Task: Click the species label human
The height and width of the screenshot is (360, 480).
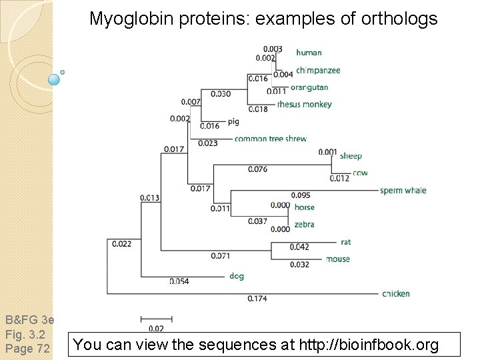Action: coord(309,53)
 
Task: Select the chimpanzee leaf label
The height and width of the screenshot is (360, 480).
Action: coord(318,70)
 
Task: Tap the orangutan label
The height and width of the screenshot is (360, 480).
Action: coord(309,87)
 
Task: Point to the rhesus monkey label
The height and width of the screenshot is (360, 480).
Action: coord(304,104)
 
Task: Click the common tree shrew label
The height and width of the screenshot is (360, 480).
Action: coord(270,139)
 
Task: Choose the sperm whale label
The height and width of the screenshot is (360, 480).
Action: coord(403,191)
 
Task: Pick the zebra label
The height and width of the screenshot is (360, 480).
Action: coord(304,225)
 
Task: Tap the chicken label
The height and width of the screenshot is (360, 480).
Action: coord(396,293)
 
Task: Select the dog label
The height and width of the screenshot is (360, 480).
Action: coord(236,276)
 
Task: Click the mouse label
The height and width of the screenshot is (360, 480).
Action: coord(337,259)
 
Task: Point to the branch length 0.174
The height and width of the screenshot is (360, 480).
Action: coord(257,299)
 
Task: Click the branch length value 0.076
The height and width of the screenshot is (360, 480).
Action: coord(257,169)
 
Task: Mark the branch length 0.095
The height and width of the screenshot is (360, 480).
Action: coord(301,195)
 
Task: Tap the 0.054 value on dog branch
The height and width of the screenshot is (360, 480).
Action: coord(179,281)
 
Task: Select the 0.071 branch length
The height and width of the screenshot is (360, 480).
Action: coord(221,256)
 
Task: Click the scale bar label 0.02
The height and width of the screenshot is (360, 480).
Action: coord(156,328)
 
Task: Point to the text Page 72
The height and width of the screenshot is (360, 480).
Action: coord(27,348)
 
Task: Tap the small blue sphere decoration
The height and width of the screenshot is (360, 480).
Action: coord(55,79)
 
